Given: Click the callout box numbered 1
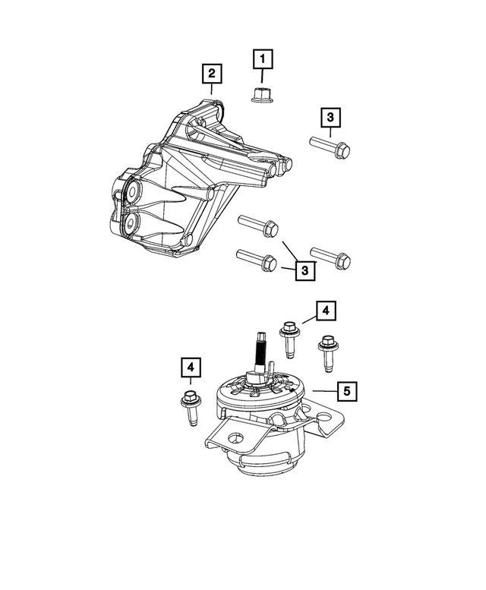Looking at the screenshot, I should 262,58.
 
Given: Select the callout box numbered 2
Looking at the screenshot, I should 211,74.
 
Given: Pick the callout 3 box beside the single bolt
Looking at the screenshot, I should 330,118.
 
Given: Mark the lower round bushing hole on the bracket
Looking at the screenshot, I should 130,222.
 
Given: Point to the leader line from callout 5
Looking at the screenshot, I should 323,390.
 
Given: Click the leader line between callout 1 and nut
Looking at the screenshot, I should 262,76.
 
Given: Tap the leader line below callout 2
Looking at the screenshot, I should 211,89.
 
